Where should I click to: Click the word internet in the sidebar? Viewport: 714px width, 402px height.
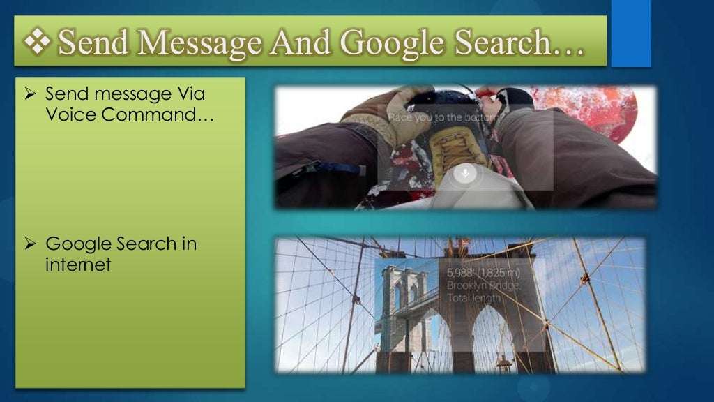point(77,265)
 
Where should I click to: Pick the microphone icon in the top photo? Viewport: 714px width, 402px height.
point(465,172)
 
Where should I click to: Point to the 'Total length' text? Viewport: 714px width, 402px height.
point(474,298)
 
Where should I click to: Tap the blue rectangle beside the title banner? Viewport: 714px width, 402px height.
point(631,33)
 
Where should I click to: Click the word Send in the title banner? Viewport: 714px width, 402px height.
point(86,43)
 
